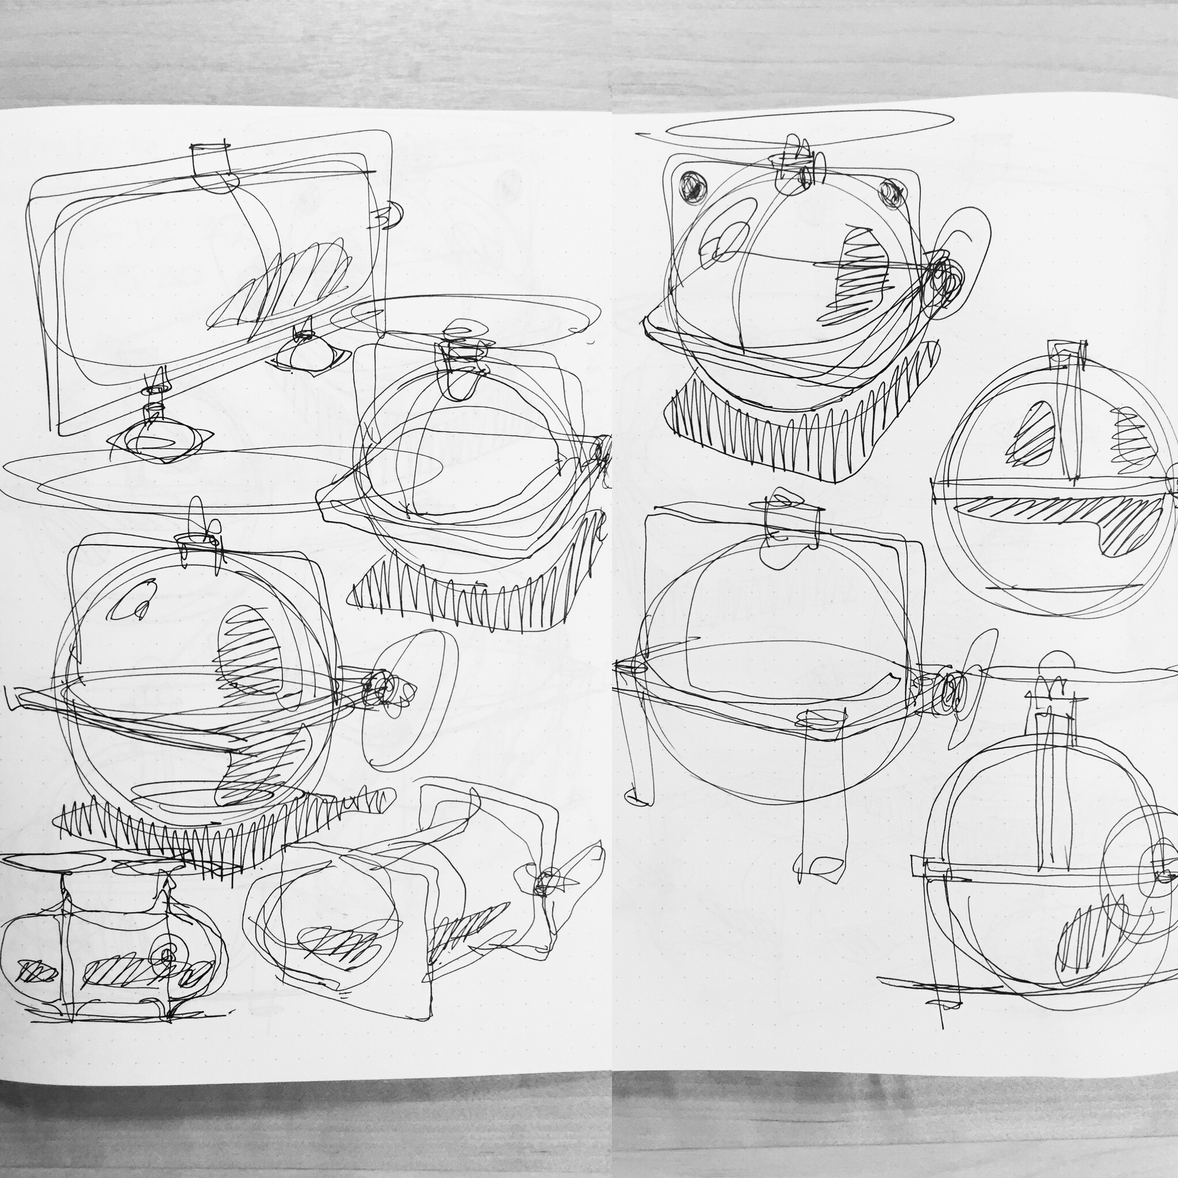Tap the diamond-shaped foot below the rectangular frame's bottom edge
coord(160,440)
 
